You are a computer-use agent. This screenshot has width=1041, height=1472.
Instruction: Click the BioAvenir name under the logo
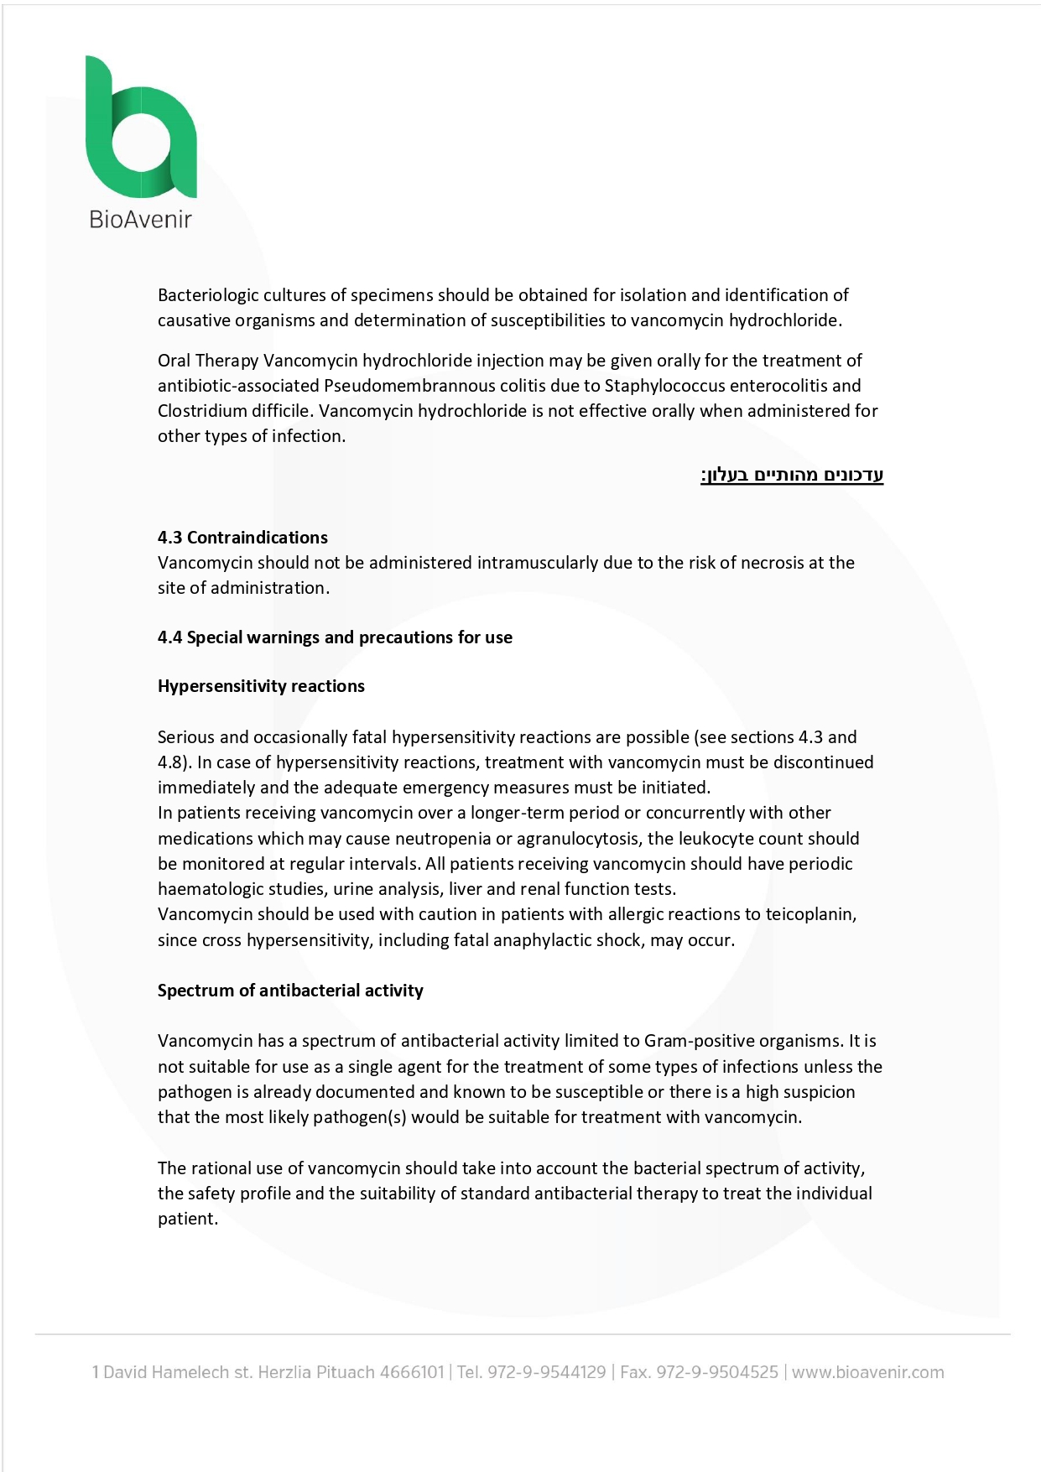pos(140,220)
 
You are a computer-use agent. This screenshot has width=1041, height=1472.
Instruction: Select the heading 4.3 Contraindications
pos(242,538)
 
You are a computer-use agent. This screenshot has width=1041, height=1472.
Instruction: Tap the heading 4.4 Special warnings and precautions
pos(335,637)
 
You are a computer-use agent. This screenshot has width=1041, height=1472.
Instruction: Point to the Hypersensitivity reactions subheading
pos(261,686)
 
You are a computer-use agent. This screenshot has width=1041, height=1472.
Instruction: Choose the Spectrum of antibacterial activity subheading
pos(290,991)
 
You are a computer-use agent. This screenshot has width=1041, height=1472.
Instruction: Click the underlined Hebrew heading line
pos(792,476)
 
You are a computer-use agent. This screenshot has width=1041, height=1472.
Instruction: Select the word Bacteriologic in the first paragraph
pos(208,295)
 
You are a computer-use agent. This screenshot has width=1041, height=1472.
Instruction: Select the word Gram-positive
pos(699,1041)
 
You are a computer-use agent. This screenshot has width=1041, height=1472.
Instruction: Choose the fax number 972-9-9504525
pos(717,1373)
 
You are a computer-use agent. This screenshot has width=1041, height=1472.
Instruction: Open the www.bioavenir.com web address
pos(867,1373)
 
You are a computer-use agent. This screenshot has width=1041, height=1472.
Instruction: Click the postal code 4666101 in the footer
pos(411,1373)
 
